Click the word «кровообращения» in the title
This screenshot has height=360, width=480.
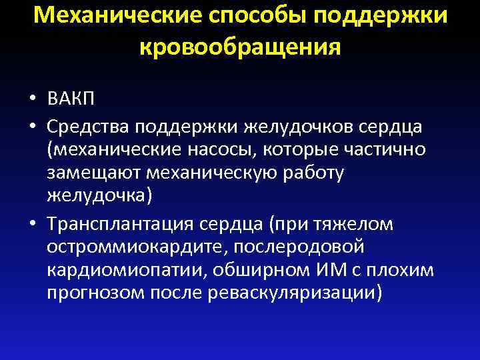[x=240, y=47]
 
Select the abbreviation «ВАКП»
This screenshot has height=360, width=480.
[x=71, y=100]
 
